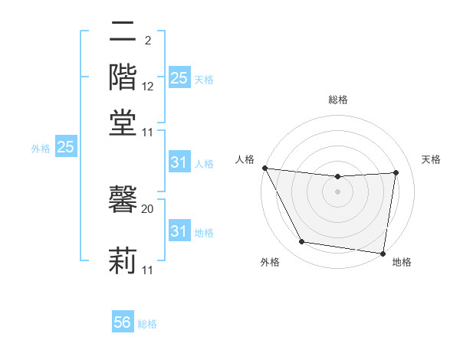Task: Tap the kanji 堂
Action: [x=123, y=122]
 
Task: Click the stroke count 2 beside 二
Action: [x=147, y=40]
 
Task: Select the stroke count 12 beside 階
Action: [x=148, y=86]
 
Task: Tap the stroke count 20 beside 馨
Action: [x=148, y=208]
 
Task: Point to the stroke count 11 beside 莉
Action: [x=148, y=270]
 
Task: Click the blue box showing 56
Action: [x=123, y=322]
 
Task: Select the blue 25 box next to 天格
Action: [x=179, y=78]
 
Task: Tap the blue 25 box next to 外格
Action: [x=65, y=147]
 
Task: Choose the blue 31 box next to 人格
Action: [x=179, y=162]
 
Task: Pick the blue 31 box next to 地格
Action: [x=179, y=231]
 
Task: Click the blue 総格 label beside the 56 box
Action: [x=148, y=324]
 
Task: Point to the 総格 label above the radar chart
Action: [x=338, y=100]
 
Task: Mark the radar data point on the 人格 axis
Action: [x=264, y=168]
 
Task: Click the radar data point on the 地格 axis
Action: [x=383, y=253]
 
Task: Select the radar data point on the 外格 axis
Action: [x=301, y=242]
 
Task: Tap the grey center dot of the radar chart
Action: [x=338, y=191]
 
